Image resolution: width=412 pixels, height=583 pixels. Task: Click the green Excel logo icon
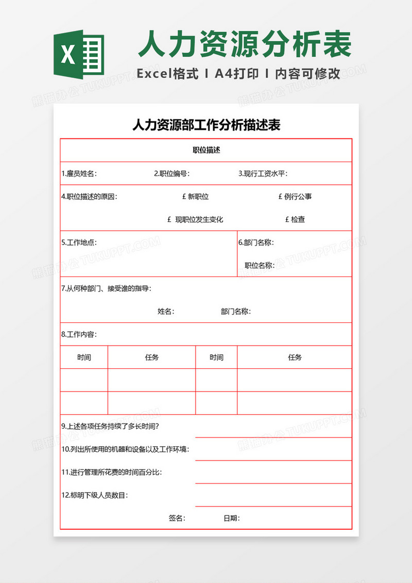pyautogui.click(x=79, y=54)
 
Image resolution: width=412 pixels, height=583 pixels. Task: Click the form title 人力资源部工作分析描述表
pyautogui.click(x=206, y=125)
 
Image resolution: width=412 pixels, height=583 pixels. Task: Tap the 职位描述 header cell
pyautogui.click(x=206, y=150)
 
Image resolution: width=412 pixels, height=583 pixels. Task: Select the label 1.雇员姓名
pyautogui.click(x=79, y=173)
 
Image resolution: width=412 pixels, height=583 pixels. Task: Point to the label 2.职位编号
pyautogui.click(x=171, y=173)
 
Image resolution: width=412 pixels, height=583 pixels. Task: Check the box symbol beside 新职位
pyautogui.click(x=184, y=197)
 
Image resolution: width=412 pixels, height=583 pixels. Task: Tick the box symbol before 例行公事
pyautogui.click(x=280, y=197)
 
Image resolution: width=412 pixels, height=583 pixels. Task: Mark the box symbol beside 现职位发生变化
pyautogui.click(x=169, y=219)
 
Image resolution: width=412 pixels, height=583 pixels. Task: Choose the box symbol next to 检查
pyautogui.click(x=287, y=219)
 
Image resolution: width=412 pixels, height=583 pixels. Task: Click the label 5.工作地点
pyautogui.click(x=79, y=242)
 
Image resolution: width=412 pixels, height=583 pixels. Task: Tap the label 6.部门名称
pyautogui.click(x=255, y=242)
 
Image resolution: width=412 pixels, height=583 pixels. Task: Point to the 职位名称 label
pyautogui.click(x=259, y=265)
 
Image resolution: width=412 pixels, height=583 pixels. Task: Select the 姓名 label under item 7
pyautogui.click(x=165, y=311)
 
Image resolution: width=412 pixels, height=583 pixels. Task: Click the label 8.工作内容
pyautogui.click(x=79, y=334)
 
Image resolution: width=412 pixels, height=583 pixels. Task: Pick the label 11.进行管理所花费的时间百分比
pyautogui.click(x=115, y=472)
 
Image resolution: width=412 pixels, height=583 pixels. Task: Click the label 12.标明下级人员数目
pyautogui.click(x=95, y=495)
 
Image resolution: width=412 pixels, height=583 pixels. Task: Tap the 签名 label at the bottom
pyautogui.click(x=177, y=518)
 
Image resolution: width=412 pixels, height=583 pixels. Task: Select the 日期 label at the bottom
pyautogui.click(x=231, y=518)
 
